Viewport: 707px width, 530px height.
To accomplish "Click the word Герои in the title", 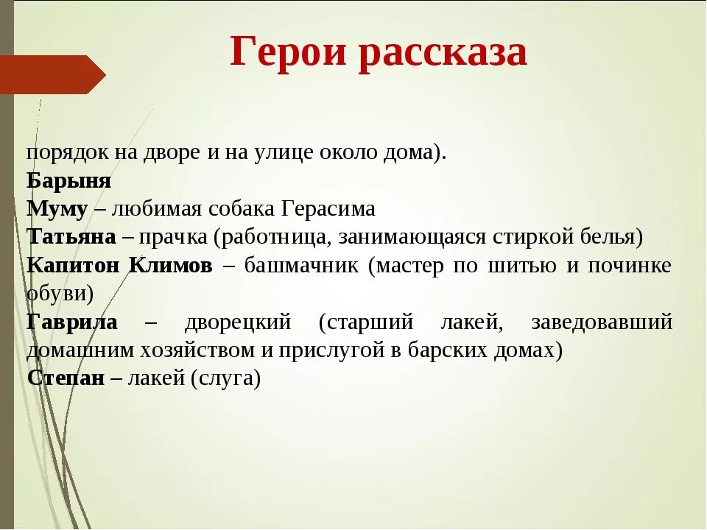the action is coord(288,52).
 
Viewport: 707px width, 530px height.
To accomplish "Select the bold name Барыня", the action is coord(69,181).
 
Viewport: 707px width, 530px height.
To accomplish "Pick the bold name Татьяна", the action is coord(71,237).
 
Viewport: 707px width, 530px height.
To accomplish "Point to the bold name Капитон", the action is coord(73,266).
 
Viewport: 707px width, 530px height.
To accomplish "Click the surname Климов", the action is coord(171,266).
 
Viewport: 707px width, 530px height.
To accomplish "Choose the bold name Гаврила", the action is coord(72,322).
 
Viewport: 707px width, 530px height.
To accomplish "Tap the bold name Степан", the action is coord(66,378).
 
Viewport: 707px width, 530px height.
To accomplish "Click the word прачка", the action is coord(173,238).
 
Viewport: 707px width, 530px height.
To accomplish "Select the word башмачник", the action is coord(301,266).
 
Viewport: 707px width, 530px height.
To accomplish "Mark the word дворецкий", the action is coord(238,322).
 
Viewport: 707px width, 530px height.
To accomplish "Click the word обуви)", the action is coord(60,294).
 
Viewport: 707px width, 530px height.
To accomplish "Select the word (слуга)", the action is coord(225,378).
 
